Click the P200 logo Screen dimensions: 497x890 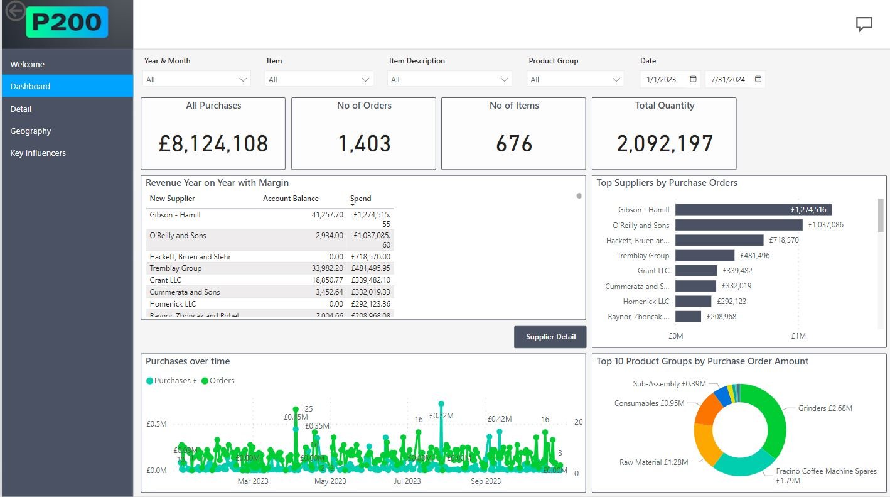(x=67, y=23)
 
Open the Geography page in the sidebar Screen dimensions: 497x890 (x=31, y=131)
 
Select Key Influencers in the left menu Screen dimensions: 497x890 (x=38, y=153)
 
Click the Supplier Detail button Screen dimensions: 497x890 (x=550, y=337)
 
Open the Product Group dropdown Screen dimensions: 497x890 (x=575, y=79)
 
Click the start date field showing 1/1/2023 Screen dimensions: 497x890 (x=662, y=79)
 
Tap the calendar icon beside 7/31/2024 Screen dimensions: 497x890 (x=758, y=79)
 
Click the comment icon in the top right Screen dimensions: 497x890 (x=864, y=25)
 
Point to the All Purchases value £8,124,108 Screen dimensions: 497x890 (x=213, y=144)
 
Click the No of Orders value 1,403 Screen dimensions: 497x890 (x=364, y=144)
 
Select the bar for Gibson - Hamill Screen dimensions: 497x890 (x=753, y=210)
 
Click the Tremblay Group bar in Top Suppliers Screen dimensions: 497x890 (x=704, y=256)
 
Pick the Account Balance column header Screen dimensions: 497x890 (x=291, y=199)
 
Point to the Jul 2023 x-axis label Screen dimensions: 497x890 (x=407, y=481)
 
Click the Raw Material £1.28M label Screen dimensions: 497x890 (x=653, y=462)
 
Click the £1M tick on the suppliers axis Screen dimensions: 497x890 (x=798, y=336)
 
